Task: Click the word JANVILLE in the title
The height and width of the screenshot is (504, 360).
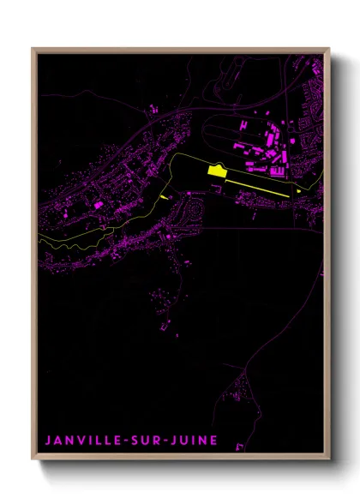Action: click(x=81, y=441)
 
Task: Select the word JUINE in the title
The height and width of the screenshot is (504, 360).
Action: click(x=193, y=441)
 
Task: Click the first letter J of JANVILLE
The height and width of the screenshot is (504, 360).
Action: click(x=47, y=441)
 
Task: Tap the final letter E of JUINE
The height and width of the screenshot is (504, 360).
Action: click(x=214, y=441)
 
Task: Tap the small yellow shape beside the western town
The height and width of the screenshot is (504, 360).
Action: click(x=164, y=196)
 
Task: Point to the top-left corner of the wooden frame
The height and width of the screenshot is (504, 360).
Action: click(x=33, y=49)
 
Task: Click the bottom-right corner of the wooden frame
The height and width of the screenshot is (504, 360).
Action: click(x=328, y=459)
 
